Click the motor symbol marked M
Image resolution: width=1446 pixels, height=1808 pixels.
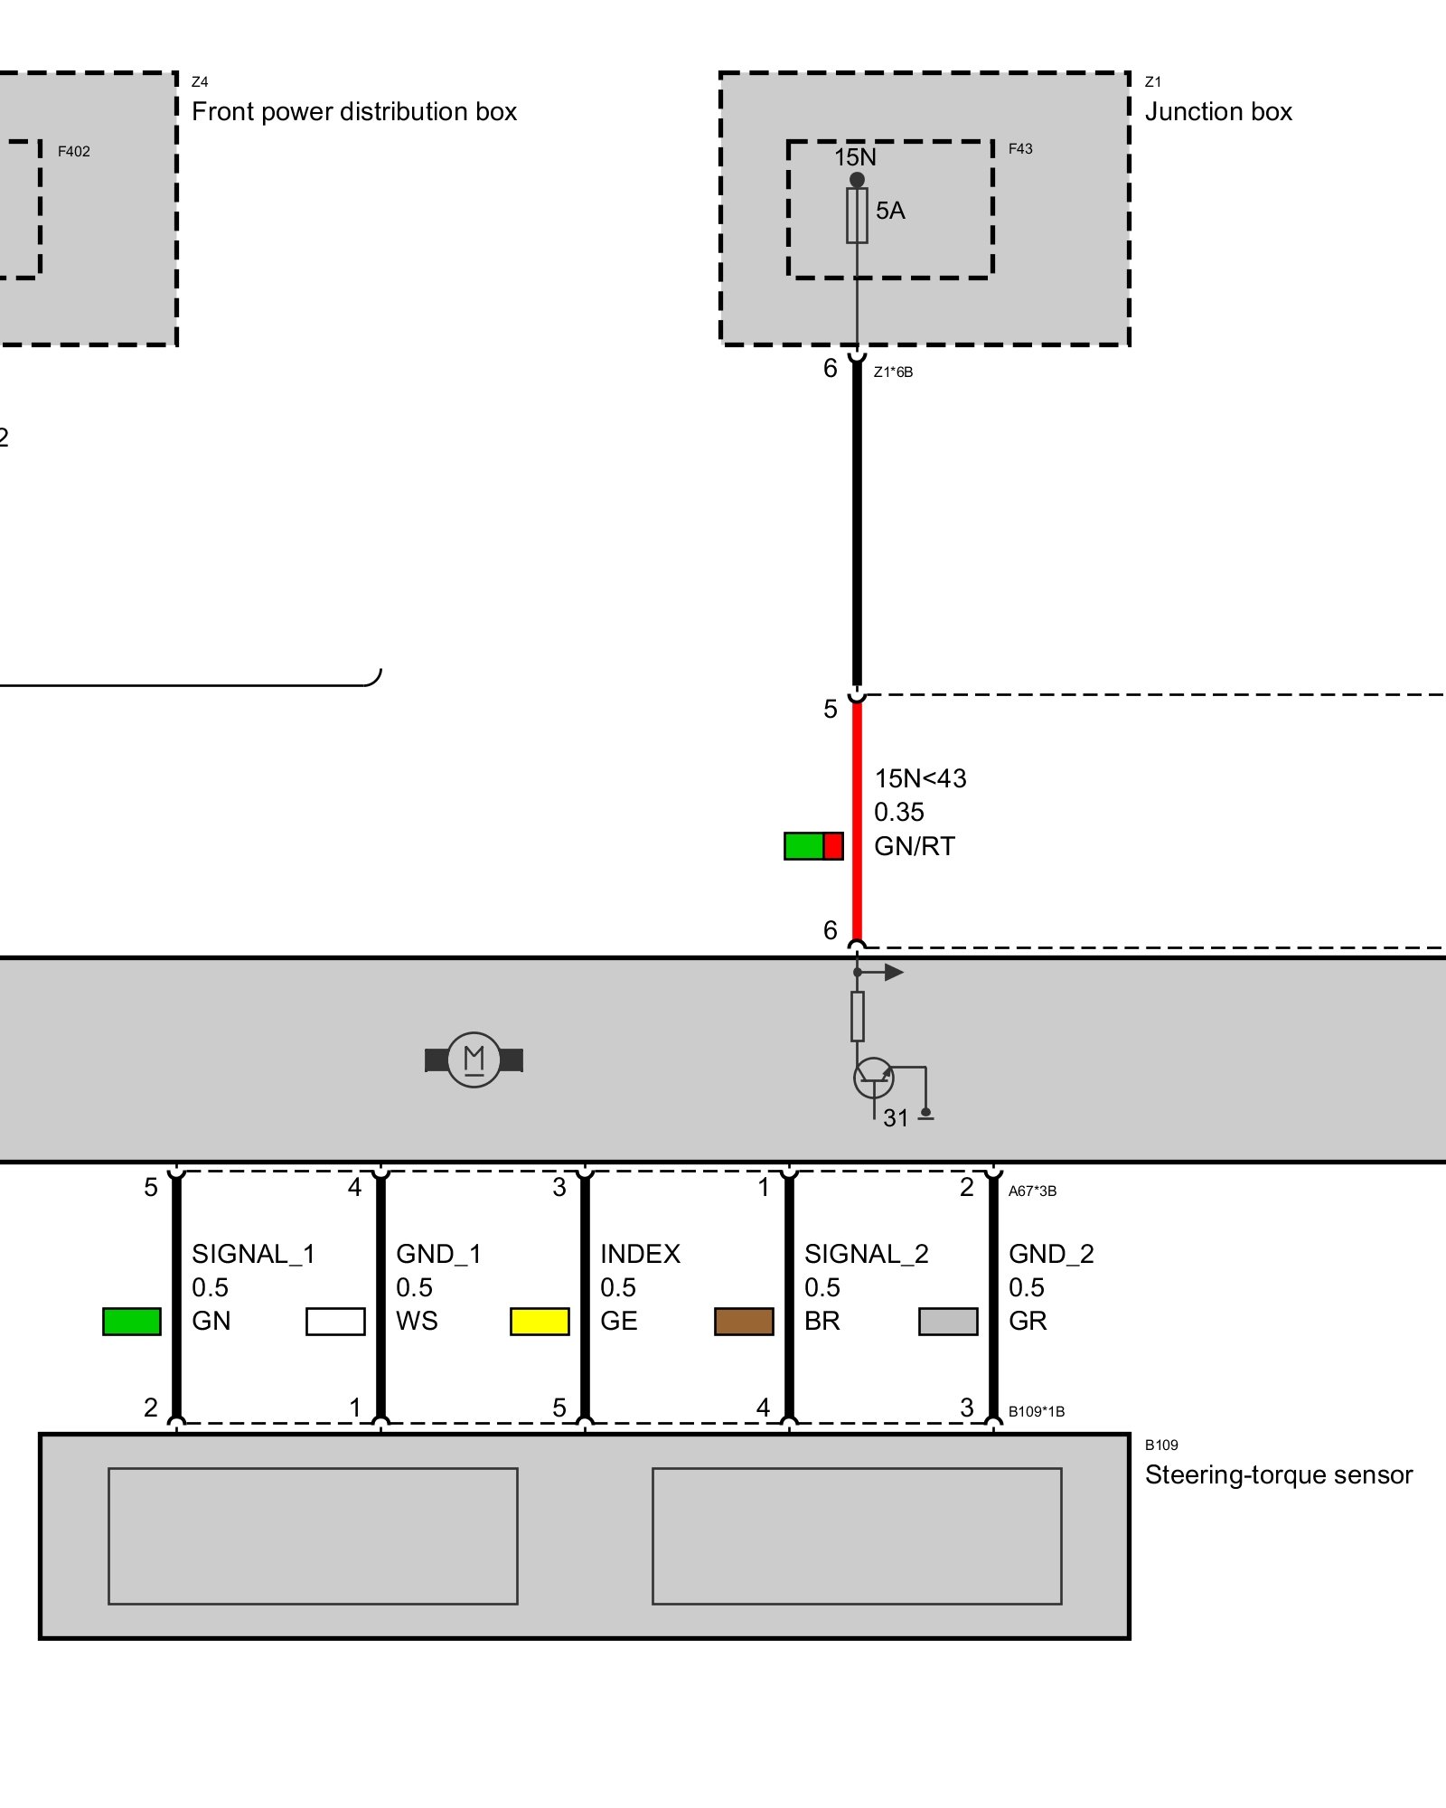point(474,1059)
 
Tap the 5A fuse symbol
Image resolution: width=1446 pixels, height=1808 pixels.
point(857,215)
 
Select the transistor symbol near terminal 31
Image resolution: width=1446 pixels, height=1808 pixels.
point(873,1078)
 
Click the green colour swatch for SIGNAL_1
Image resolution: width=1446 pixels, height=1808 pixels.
point(132,1321)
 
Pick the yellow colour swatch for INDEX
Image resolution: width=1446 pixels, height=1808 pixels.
point(540,1321)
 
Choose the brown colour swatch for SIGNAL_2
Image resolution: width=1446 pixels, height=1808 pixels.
point(744,1321)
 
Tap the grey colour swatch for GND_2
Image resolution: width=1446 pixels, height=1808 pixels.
point(948,1321)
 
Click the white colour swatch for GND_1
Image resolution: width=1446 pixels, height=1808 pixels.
point(335,1321)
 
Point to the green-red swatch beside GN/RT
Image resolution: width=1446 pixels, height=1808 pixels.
point(813,846)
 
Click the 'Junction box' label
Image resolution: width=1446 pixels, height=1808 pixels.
point(1218,112)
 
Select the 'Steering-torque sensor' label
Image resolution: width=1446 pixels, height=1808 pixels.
point(1278,1474)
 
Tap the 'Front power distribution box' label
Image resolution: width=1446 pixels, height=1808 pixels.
point(354,112)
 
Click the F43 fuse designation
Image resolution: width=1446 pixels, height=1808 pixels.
point(1020,149)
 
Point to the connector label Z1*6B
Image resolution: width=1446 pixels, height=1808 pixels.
point(893,372)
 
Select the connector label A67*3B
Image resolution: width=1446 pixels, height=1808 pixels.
point(1032,1191)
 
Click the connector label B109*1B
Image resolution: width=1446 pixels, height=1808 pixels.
point(1036,1411)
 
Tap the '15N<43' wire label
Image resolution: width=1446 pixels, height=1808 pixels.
point(920,778)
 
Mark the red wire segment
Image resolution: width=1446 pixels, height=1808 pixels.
point(857,823)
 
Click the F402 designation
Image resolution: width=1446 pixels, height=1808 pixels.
point(74,152)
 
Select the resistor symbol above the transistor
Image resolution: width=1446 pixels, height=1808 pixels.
point(857,1016)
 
